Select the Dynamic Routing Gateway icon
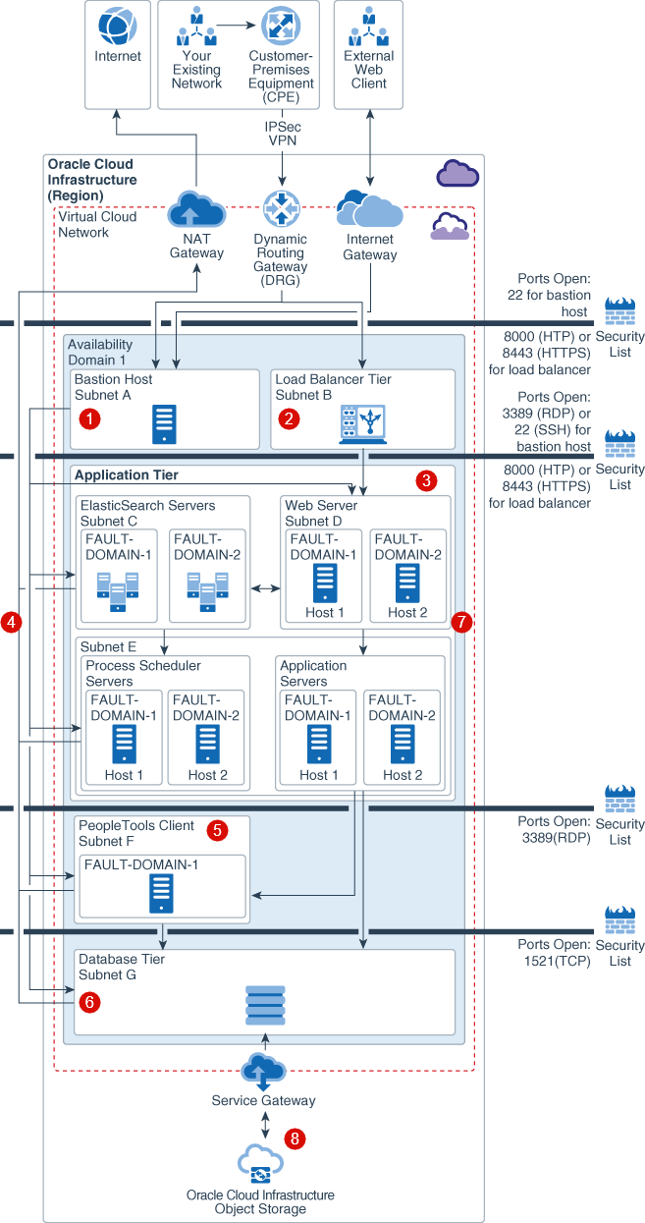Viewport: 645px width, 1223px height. [x=281, y=209]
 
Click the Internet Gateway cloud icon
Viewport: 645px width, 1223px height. [x=369, y=207]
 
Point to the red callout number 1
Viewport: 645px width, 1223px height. [x=90, y=418]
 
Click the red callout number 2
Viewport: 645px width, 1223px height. [x=289, y=418]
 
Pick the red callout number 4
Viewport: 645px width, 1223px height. [x=12, y=622]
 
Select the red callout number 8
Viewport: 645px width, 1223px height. [x=295, y=1139]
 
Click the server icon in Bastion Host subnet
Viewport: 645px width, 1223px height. [x=165, y=423]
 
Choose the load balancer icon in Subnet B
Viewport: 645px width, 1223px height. [x=362, y=423]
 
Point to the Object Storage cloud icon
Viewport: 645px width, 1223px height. [x=261, y=1165]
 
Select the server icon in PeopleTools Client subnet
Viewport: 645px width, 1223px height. [x=163, y=893]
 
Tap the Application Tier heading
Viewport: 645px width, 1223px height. [x=127, y=475]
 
